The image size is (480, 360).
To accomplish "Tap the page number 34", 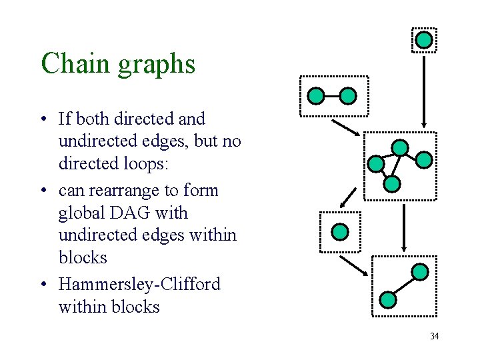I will pyautogui.click(x=434, y=336).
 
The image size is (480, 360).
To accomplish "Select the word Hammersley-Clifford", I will pyautogui.click(x=139, y=284).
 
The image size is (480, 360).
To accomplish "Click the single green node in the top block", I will pyautogui.click(x=424, y=40).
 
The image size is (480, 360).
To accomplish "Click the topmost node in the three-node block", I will pyautogui.click(x=399, y=147).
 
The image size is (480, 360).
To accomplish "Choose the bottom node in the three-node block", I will pyautogui.click(x=393, y=183).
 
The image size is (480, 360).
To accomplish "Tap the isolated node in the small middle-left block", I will pyautogui.click(x=340, y=232).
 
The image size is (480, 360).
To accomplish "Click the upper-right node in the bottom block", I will pyautogui.click(x=420, y=271).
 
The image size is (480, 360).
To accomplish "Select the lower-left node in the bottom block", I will pyautogui.click(x=388, y=299).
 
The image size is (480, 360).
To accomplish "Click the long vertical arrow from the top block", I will pyautogui.click(x=424, y=90).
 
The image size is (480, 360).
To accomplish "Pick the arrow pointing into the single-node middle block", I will pyautogui.click(x=348, y=197).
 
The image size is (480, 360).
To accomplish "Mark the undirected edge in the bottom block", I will pyautogui.click(x=404, y=285).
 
